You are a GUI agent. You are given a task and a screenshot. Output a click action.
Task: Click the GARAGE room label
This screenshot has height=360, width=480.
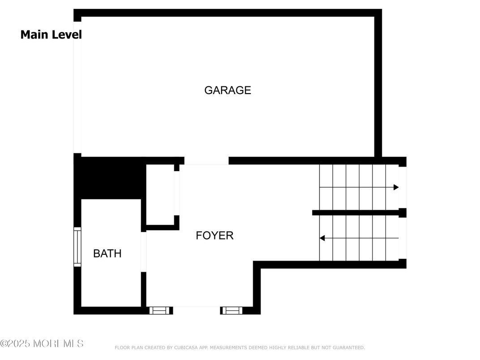pos(227,90)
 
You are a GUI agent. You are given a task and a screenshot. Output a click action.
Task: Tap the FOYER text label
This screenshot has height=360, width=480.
pos(214,236)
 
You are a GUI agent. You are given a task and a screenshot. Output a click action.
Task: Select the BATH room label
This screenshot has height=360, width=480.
pos(107,253)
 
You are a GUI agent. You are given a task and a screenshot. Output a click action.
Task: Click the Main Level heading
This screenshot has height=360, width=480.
pos(51,34)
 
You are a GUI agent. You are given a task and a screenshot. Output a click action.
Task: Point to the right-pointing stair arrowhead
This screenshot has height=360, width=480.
pos(396,187)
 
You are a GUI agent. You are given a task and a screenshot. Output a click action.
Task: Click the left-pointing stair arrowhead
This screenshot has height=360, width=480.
pos(322,238)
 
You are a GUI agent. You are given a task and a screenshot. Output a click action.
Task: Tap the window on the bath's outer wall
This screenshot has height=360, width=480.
pos(77,247)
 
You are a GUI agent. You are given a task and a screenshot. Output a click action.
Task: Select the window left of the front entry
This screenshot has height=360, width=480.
pos(159,310)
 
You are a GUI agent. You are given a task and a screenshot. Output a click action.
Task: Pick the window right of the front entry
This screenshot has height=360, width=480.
pos(232,310)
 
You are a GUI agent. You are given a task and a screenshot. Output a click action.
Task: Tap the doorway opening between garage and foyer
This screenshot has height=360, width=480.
pos(206,161)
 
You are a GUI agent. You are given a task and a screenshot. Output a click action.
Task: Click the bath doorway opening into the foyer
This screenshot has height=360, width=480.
pos(144,252)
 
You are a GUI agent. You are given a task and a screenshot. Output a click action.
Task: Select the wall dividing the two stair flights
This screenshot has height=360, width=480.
pos(359,213)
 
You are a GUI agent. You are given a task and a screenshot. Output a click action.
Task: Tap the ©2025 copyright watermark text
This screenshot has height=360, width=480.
pos(42,343)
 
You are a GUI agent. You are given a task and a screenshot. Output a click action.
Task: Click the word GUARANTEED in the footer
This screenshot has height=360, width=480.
pos(348,347)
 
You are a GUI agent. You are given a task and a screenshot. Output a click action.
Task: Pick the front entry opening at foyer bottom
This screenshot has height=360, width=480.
pos(197,310)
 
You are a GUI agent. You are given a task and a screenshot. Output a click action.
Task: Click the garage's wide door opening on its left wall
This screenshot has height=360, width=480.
pos(77,87)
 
